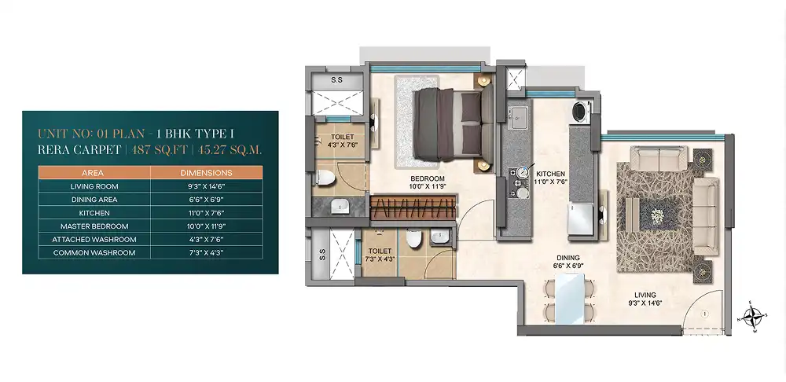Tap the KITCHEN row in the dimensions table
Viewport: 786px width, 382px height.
pos(150,212)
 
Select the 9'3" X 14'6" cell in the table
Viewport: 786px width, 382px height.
pos(207,186)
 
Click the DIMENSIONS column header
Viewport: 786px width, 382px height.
pos(207,173)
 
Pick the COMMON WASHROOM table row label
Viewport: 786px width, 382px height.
pos(94,252)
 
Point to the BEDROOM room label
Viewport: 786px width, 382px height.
pos(428,178)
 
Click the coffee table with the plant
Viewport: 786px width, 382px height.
pos(657,212)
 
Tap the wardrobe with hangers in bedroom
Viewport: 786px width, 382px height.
pos(413,208)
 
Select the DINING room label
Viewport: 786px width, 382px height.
pos(567,258)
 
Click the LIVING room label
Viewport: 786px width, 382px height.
pos(645,296)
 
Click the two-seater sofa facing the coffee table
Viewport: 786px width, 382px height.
pos(658,158)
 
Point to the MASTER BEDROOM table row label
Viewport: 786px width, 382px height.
pos(94,226)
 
